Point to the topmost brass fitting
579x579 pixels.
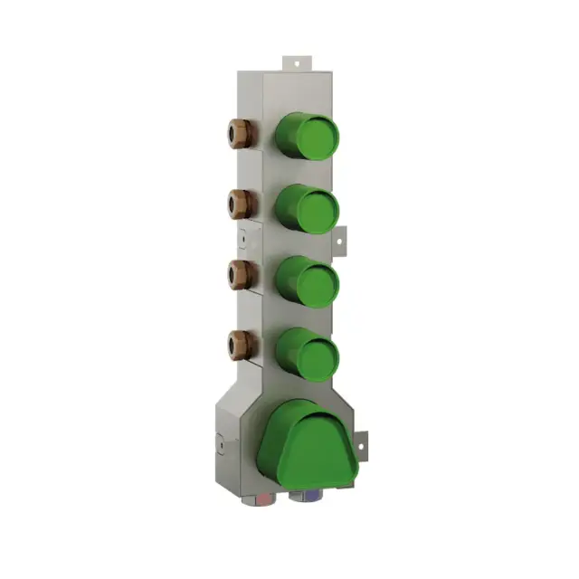(x=240, y=131)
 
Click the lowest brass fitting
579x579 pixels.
(x=240, y=343)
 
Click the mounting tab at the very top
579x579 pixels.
(x=296, y=64)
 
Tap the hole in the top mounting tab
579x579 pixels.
(x=296, y=62)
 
